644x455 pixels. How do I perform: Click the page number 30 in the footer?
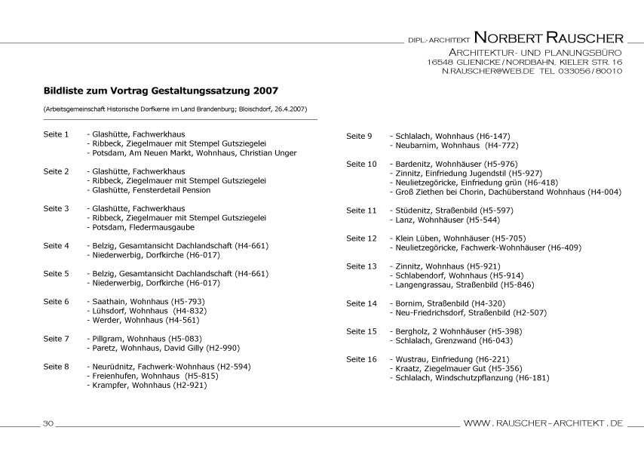click(x=47, y=423)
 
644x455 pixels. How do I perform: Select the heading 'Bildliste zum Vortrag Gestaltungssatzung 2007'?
click(x=161, y=88)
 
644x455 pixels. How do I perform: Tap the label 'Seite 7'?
click(x=56, y=338)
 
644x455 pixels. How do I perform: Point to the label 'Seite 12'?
click(x=361, y=238)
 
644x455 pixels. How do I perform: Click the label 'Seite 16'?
click(x=361, y=359)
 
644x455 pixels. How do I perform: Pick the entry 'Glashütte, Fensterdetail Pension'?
click(x=149, y=190)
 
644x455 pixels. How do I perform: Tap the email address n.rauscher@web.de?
click(x=488, y=71)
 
